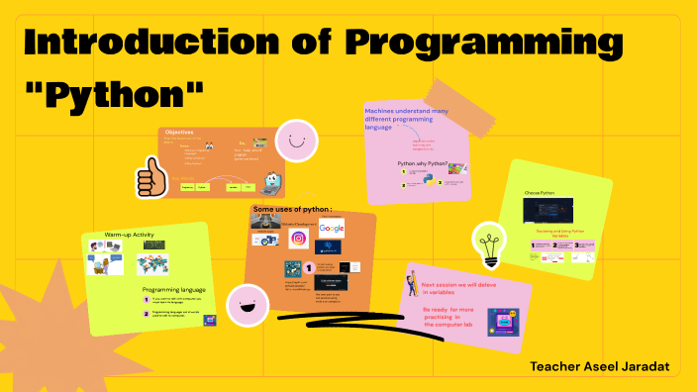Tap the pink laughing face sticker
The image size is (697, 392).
pos(247,306)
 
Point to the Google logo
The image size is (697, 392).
pos(332,229)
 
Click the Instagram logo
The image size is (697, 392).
pos(298,238)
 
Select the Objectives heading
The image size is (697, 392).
pos(179,133)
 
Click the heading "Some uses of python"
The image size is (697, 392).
pos(292,209)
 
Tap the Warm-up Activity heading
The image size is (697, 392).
pos(130,235)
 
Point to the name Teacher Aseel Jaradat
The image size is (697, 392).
pos(599,367)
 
